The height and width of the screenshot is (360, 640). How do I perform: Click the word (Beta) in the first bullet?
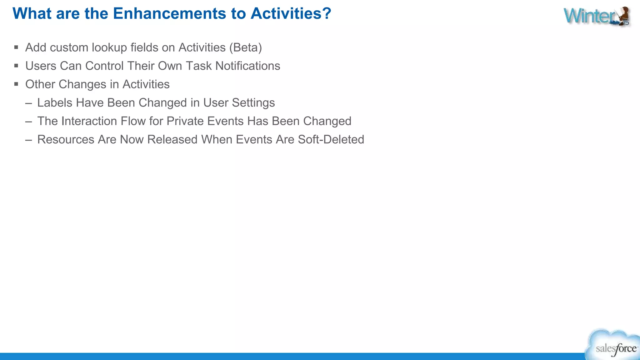pyautogui.click(x=246, y=48)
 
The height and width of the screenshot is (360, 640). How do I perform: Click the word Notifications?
pyautogui.click(x=248, y=66)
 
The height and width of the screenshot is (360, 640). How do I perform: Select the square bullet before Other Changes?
pyautogui.click(x=16, y=84)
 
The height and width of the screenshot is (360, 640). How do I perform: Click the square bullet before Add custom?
pyautogui.click(x=16, y=47)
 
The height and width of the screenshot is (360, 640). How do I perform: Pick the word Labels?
pyautogui.click(x=55, y=103)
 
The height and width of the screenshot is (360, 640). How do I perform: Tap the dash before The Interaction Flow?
pyautogui.click(x=29, y=121)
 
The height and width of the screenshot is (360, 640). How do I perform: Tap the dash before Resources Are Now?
pyautogui.click(x=29, y=140)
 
